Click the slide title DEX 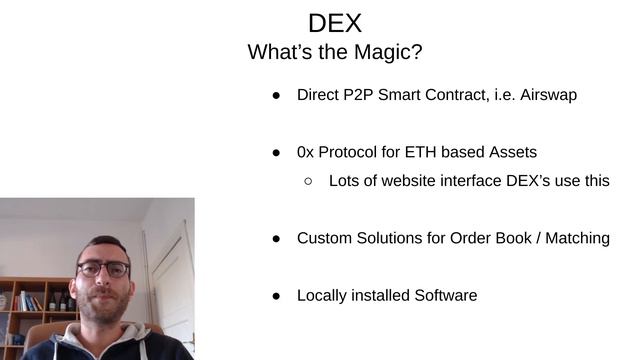tap(335, 23)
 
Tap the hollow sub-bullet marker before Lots tap(308, 181)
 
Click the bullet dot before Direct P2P tap(276, 96)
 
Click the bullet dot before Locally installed tap(276, 296)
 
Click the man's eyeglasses tap(103, 269)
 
